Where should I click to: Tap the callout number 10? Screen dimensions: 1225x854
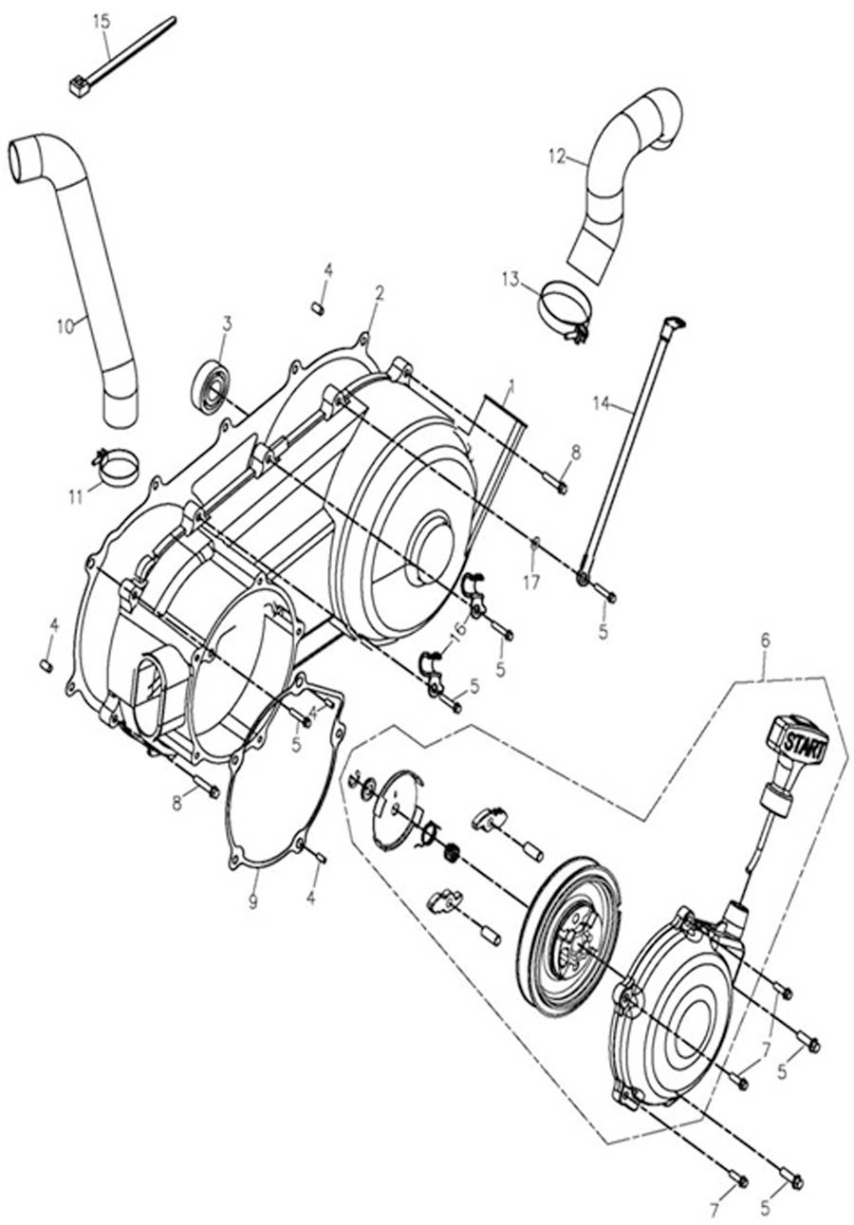[x=65, y=326]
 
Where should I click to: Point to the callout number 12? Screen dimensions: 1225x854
[x=557, y=156]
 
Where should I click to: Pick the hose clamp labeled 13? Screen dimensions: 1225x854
[x=565, y=309]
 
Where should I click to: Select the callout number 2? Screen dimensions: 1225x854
[x=379, y=293]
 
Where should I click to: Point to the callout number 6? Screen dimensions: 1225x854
[x=766, y=640]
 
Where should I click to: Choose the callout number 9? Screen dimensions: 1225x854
[x=253, y=901]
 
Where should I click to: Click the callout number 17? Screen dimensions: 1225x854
[x=531, y=583]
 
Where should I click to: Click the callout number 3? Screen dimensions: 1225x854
[x=227, y=323]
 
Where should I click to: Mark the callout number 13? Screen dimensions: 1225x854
[x=511, y=278]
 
